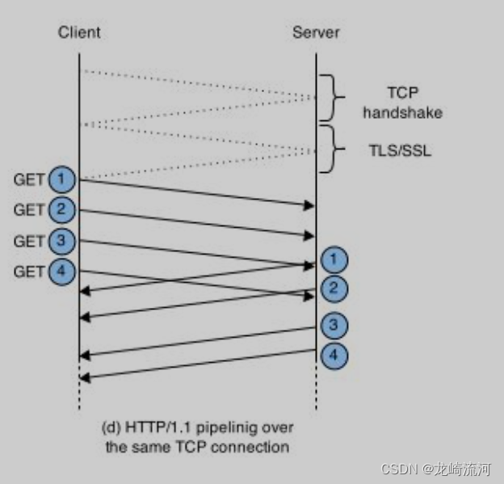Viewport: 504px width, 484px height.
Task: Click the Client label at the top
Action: [79, 33]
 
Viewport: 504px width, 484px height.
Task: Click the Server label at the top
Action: [316, 33]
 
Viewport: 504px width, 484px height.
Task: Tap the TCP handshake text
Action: [401, 103]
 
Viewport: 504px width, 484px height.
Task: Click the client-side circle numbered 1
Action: [61, 179]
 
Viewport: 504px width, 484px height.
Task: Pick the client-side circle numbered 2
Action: [61, 210]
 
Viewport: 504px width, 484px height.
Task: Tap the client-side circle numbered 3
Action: [61, 241]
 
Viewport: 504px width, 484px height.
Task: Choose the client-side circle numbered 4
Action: [61, 271]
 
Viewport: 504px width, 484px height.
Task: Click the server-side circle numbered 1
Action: [334, 260]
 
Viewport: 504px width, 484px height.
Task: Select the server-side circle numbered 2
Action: [334, 288]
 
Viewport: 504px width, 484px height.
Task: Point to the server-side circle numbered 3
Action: [334, 326]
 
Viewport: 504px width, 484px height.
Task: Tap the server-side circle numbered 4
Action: [334, 354]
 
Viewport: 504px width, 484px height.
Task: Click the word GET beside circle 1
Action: [29, 179]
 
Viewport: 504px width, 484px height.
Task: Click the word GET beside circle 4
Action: [29, 271]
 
